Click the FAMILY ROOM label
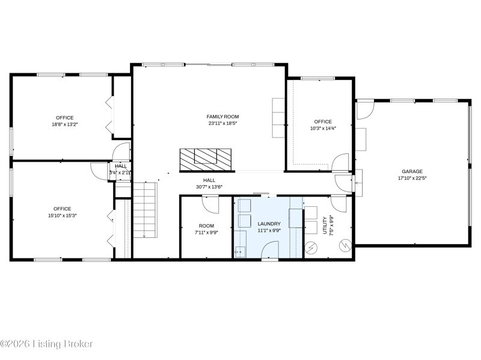[222, 117]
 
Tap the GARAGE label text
[412, 171]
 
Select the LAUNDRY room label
[269, 224]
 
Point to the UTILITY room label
[325, 225]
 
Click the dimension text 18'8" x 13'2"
[65, 124]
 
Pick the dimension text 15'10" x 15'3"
[63, 216]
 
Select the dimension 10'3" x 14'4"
[323, 129]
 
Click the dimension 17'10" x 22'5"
[412, 178]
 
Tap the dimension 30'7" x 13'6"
[209, 187]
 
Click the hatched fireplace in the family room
[206, 159]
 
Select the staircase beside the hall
[145, 210]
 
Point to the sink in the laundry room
[240, 252]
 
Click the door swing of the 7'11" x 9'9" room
[211, 204]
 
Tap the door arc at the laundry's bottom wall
[269, 249]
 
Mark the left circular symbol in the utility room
[311, 248]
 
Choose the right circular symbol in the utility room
[345, 246]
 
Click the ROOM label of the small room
[206, 226]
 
